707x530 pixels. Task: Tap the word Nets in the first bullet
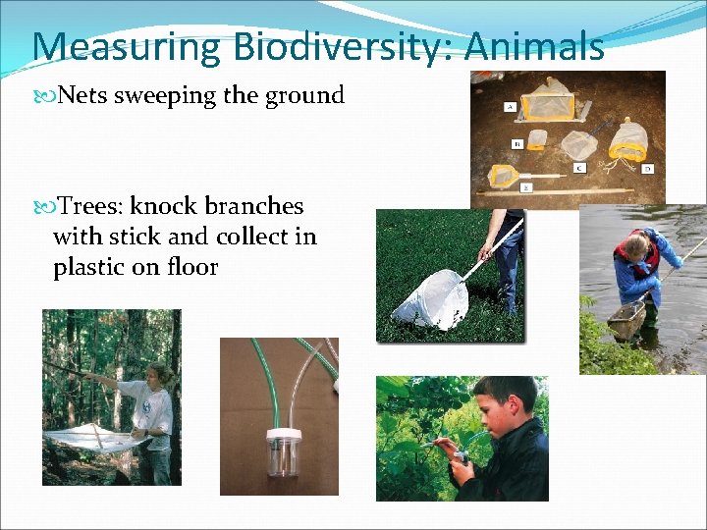pos(83,96)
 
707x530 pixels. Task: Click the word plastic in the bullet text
pos(89,267)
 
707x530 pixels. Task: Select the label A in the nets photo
pos(511,106)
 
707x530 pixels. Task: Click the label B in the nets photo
pos(517,142)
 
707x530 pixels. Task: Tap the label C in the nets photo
pos(579,168)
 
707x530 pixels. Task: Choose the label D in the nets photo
pos(647,169)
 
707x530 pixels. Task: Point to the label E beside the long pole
pos(525,185)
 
